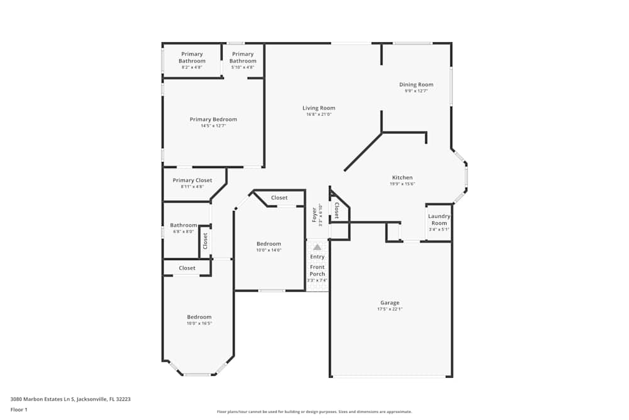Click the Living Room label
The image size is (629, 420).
pyautogui.click(x=318, y=108)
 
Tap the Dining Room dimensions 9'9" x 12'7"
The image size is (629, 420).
pyautogui.click(x=416, y=91)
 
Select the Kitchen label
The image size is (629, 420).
pyautogui.click(x=402, y=178)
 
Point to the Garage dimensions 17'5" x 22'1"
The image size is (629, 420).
pyautogui.click(x=389, y=309)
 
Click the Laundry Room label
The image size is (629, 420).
pyautogui.click(x=438, y=220)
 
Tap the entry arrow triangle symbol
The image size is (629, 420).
pyautogui.click(x=317, y=247)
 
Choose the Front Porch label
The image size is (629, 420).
pyautogui.click(x=317, y=271)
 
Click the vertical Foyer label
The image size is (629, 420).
pyautogui.click(x=314, y=215)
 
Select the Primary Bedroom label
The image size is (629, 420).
pyautogui.click(x=213, y=120)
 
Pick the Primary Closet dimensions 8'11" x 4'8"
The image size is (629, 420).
pyautogui.click(x=192, y=187)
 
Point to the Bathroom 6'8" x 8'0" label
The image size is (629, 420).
pyautogui.click(x=183, y=225)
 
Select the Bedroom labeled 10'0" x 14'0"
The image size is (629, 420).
pyautogui.click(x=269, y=244)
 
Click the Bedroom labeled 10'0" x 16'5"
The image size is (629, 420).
pyautogui.click(x=199, y=317)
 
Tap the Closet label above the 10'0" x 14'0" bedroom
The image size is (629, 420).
pyautogui.click(x=279, y=198)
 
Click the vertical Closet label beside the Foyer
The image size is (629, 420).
pyautogui.click(x=337, y=211)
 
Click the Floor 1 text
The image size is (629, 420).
pyautogui.click(x=19, y=409)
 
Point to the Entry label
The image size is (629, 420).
pyautogui.click(x=317, y=257)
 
